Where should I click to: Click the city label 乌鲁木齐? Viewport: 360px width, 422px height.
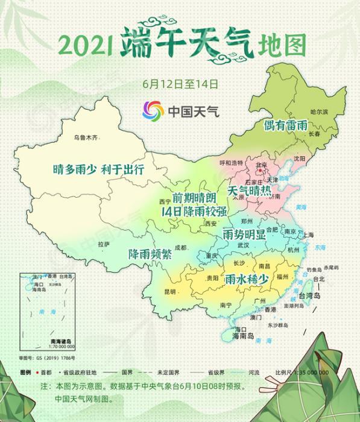pyautogui.click(x=85, y=138)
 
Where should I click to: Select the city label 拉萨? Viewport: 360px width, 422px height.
pyautogui.click(x=103, y=244)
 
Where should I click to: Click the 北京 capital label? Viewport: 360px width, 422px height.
pyautogui.click(x=261, y=165)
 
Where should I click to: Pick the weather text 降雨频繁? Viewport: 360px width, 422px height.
pyautogui.click(x=150, y=254)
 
